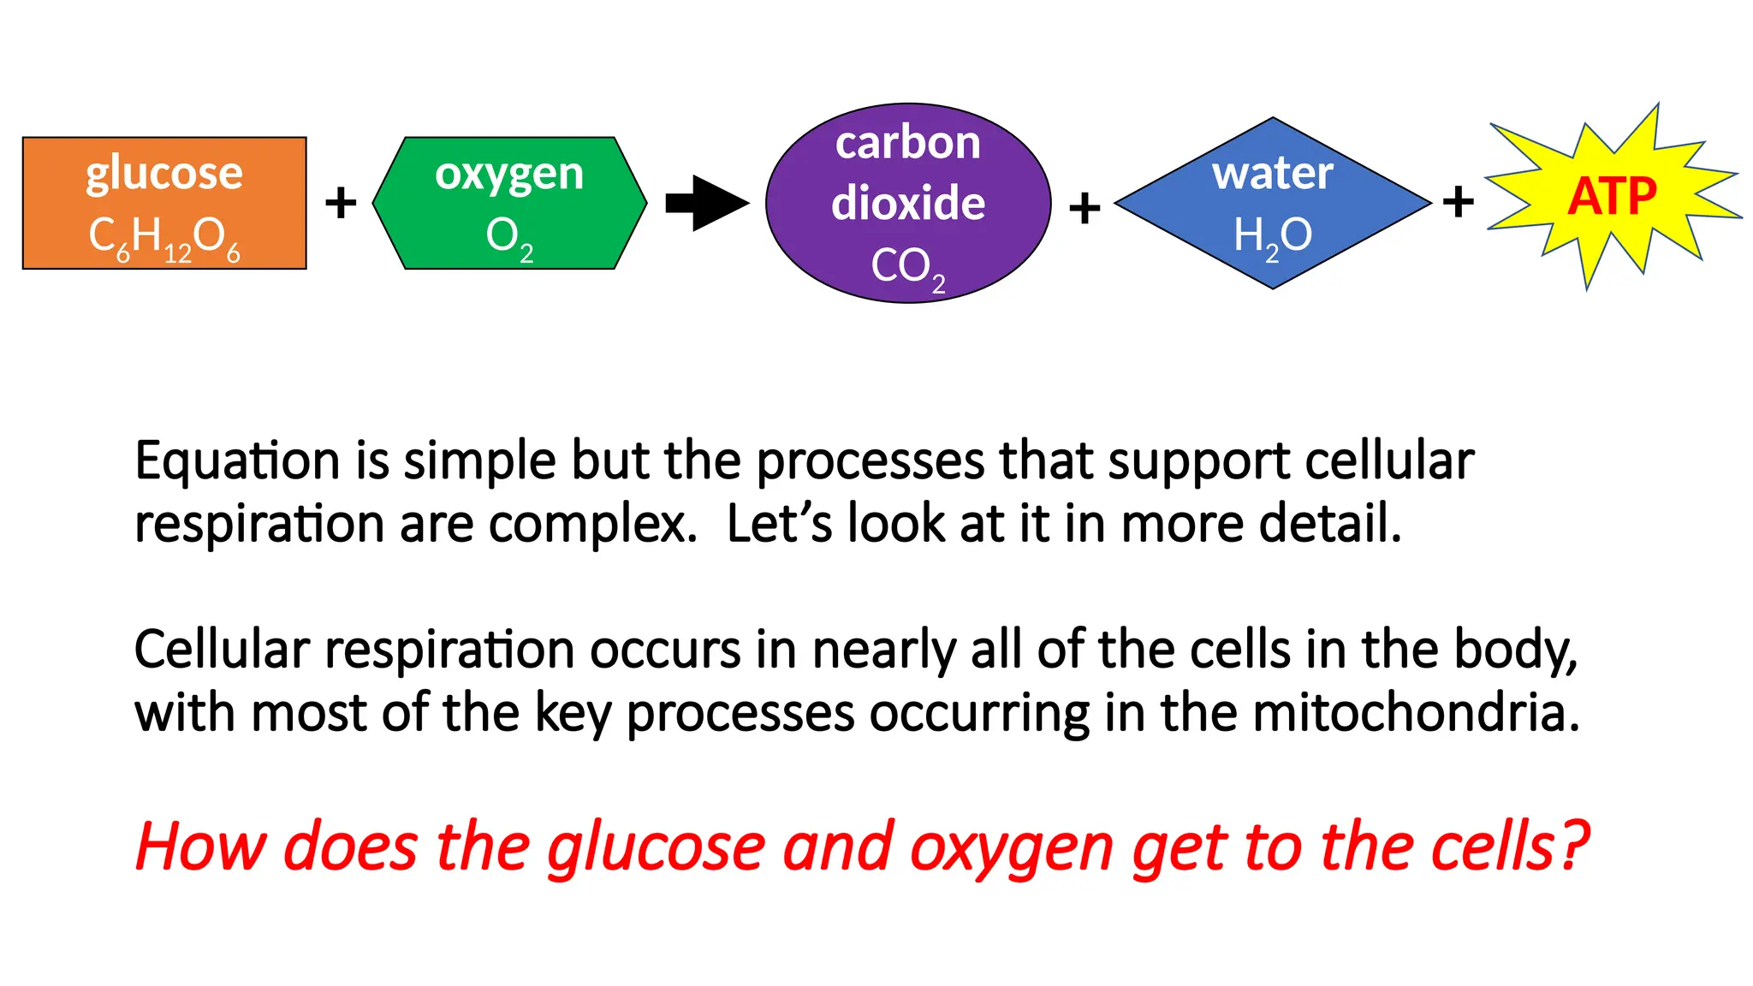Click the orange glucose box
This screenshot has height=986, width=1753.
163,203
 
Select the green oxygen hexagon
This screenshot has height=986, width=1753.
509,203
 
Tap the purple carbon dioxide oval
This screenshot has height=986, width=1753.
908,203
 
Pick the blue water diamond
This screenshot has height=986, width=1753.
1272,203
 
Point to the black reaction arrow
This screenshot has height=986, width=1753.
706,203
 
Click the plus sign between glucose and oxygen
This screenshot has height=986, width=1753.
341,203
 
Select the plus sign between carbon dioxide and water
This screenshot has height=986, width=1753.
1084,208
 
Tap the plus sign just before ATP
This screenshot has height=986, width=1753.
1458,203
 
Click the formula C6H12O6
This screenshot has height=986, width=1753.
163,237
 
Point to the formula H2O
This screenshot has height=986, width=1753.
1272,235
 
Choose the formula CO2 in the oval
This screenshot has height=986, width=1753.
907,267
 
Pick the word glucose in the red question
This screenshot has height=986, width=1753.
657,847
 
